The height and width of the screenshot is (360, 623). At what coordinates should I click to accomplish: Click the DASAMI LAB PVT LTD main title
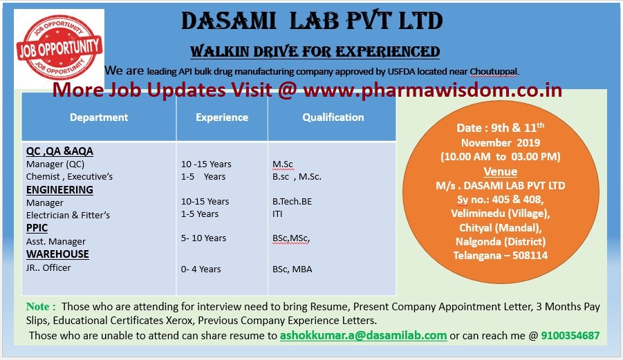coord(312,21)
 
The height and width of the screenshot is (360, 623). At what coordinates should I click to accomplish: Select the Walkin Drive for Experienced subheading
coord(315,51)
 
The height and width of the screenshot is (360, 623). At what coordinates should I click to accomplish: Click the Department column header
coord(99,117)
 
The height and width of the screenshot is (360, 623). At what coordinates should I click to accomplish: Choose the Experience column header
coord(222,117)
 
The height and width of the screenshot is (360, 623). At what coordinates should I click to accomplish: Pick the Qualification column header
coord(333,117)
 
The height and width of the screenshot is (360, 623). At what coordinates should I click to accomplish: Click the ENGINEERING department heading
coord(59,190)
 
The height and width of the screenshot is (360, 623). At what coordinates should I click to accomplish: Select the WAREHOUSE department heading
coord(57,254)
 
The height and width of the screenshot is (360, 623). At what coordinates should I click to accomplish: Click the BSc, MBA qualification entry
coord(292,269)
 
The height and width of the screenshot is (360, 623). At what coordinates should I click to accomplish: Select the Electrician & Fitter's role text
coord(68,215)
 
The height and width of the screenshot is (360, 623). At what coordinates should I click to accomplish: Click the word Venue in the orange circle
coord(501,171)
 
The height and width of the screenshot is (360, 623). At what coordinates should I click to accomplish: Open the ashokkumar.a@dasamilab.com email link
coord(363,336)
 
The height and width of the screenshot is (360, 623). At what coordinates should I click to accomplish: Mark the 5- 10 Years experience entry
coord(203,238)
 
